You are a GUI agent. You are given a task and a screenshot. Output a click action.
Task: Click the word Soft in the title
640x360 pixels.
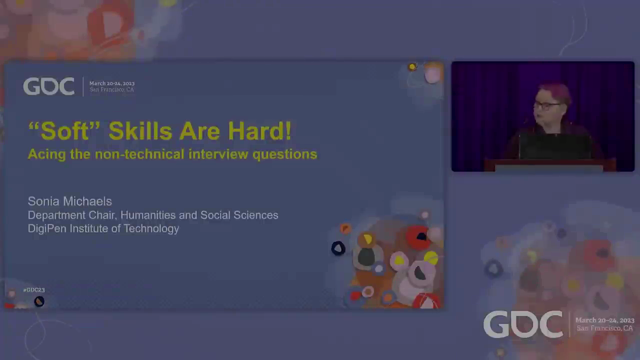(64, 131)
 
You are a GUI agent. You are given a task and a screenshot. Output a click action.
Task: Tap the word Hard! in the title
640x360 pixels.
(259, 131)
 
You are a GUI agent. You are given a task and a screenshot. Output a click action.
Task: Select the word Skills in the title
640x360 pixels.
(140, 131)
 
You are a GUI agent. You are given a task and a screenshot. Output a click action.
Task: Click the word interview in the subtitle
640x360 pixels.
(218, 154)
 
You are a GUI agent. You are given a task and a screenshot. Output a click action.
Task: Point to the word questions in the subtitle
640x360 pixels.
(285, 155)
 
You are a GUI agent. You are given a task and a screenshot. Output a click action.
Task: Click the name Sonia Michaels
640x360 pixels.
(69, 201)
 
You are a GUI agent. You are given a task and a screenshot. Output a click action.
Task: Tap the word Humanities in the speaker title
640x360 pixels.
(148, 215)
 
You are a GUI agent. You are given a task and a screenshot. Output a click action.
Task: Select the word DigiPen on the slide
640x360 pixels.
(47, 229)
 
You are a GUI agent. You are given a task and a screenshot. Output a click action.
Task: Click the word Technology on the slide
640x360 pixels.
(151, 229)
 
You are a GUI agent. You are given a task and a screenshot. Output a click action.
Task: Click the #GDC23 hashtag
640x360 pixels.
(34, 290)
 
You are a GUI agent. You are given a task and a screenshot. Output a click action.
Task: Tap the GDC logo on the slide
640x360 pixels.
(49, 86)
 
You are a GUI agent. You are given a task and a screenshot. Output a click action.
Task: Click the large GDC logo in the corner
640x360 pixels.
(523, 324)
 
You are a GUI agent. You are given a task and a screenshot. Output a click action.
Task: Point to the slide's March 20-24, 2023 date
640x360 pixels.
(112, 83)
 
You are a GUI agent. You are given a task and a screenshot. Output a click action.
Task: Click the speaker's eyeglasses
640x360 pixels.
(546, 106)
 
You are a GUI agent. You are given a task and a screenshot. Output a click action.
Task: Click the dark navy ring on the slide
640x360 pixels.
(338, 248)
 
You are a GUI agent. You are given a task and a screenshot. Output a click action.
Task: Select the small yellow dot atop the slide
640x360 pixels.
(412, 67)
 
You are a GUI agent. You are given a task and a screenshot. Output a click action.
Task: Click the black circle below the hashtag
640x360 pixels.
(39, 301)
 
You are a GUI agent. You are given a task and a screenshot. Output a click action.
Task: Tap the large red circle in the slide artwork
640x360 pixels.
(418, 237)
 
